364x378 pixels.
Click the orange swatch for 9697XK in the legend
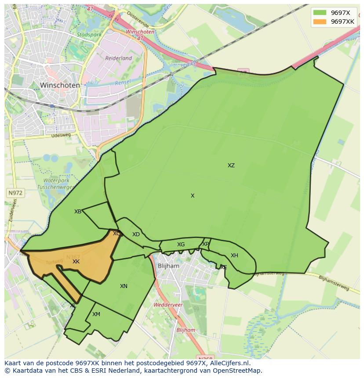pyautogui.click(x=320, y=22)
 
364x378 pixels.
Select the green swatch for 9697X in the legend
pyautogui.click(x=320, y=13)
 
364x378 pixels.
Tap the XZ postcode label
pyautogui.click(x=231, y=166)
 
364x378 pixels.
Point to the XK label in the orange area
pyautogui.click(x=76, y=262)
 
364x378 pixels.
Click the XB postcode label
pyautogui.click(x=78, y=212)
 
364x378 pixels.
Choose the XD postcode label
pyautogui.click(x=136, y=234)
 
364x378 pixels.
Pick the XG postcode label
pyautogui.click(x=181, y=245)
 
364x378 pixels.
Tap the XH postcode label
pyautogui.click(x=234, y=256)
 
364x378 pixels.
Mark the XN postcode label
pyautogui.click(x=124, y=286)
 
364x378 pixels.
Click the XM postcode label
pyautogui.click(x=96, y=314)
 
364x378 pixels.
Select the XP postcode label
pyautogui.click(x=206, y=244)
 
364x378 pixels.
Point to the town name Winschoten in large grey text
pyautogui.click(x=60, y=85)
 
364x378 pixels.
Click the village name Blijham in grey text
pyautogui.click(x=168, y=266)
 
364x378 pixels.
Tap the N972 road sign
pyautogui.click(x=15, y=193)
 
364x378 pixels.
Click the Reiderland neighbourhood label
pyautogui.click(x=118, y=58)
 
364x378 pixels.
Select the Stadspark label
pyautogui.click(x=89, y=34)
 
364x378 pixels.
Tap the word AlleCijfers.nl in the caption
pyautogui.click(x=229, y=363)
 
